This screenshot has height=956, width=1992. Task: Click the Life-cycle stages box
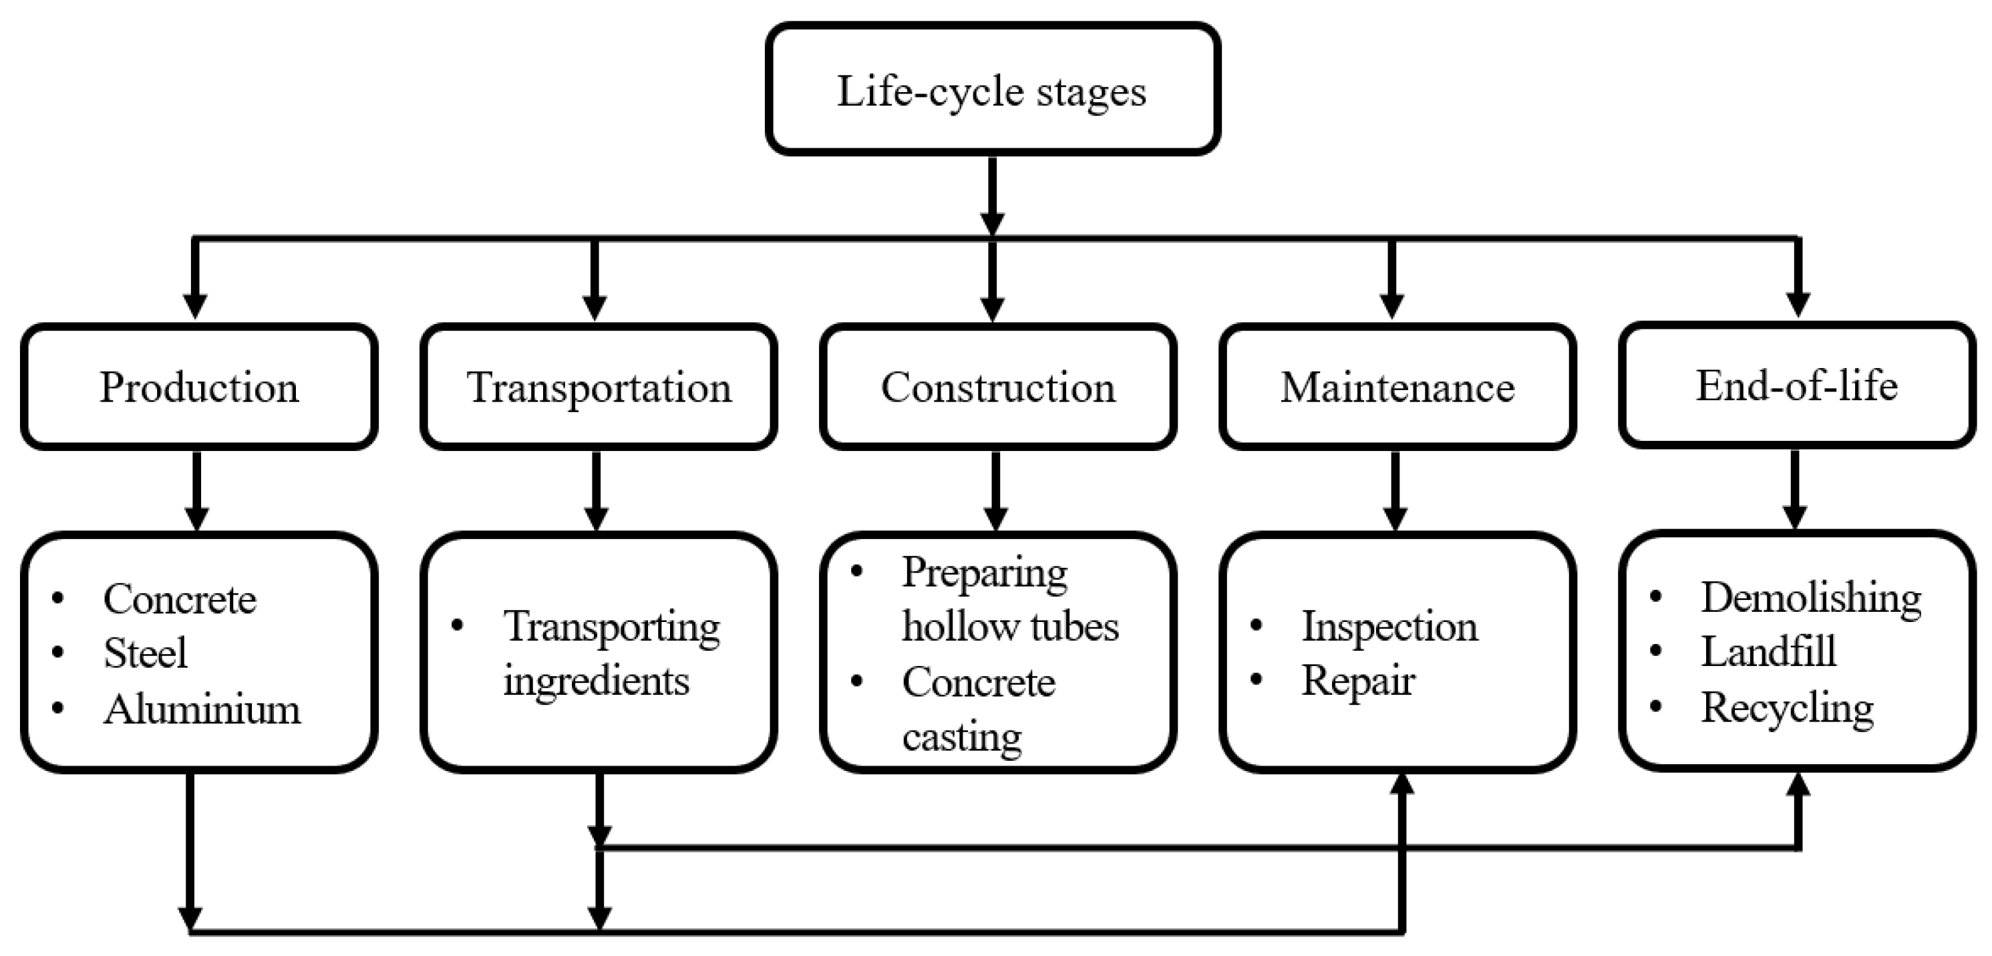coord(992,89)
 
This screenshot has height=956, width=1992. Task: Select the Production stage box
coord(199,387)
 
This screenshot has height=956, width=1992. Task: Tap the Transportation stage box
coord(599,387)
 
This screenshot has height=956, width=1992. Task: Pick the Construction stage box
coord(997,387)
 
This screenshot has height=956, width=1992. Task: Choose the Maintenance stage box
coord(1397,387)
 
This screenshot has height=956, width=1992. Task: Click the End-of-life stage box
coord(1796,385)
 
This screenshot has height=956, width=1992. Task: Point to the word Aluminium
coord(202,709)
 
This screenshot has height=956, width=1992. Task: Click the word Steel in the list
coord(146,653)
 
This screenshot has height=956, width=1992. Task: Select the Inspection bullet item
coord(1389,626)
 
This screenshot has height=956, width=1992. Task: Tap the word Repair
coord(1357,681)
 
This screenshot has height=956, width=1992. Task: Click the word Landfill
coord(1768,651)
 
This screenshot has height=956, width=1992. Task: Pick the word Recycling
coord(1786,707)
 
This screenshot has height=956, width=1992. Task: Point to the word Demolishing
coord(1810,597)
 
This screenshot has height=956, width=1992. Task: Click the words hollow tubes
coord(1009,626)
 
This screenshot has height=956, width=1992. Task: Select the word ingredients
coord(595,681)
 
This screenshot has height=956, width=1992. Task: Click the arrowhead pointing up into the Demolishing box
coord(1799,784)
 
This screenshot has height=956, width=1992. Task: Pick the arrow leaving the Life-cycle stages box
coord(992,193)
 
